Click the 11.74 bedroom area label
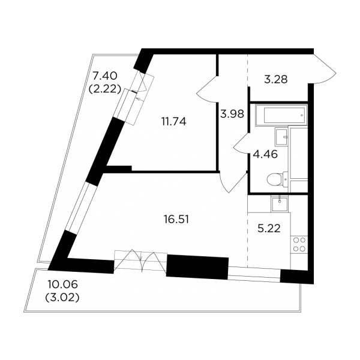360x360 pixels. [x=174, y=122]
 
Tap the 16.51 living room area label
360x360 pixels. [x=176, y=220]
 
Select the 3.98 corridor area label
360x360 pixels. [x=232, y=114]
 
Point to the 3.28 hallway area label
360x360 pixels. [x=276, y=80]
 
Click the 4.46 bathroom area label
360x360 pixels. [x=265, y=154]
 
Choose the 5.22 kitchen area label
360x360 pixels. [x=269, y=229]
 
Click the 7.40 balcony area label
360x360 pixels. [x=104, y=76]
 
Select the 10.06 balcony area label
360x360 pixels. [x=62, y=284]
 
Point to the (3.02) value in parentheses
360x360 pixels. [x=62, y=298]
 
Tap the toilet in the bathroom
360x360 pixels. [x=278, y=179]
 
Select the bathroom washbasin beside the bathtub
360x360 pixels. [x=281, y=137]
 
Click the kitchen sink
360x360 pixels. [x=280, y=204]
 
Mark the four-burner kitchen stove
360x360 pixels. [x=299, y=244]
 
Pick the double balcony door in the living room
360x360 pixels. [x=140, y=261]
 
